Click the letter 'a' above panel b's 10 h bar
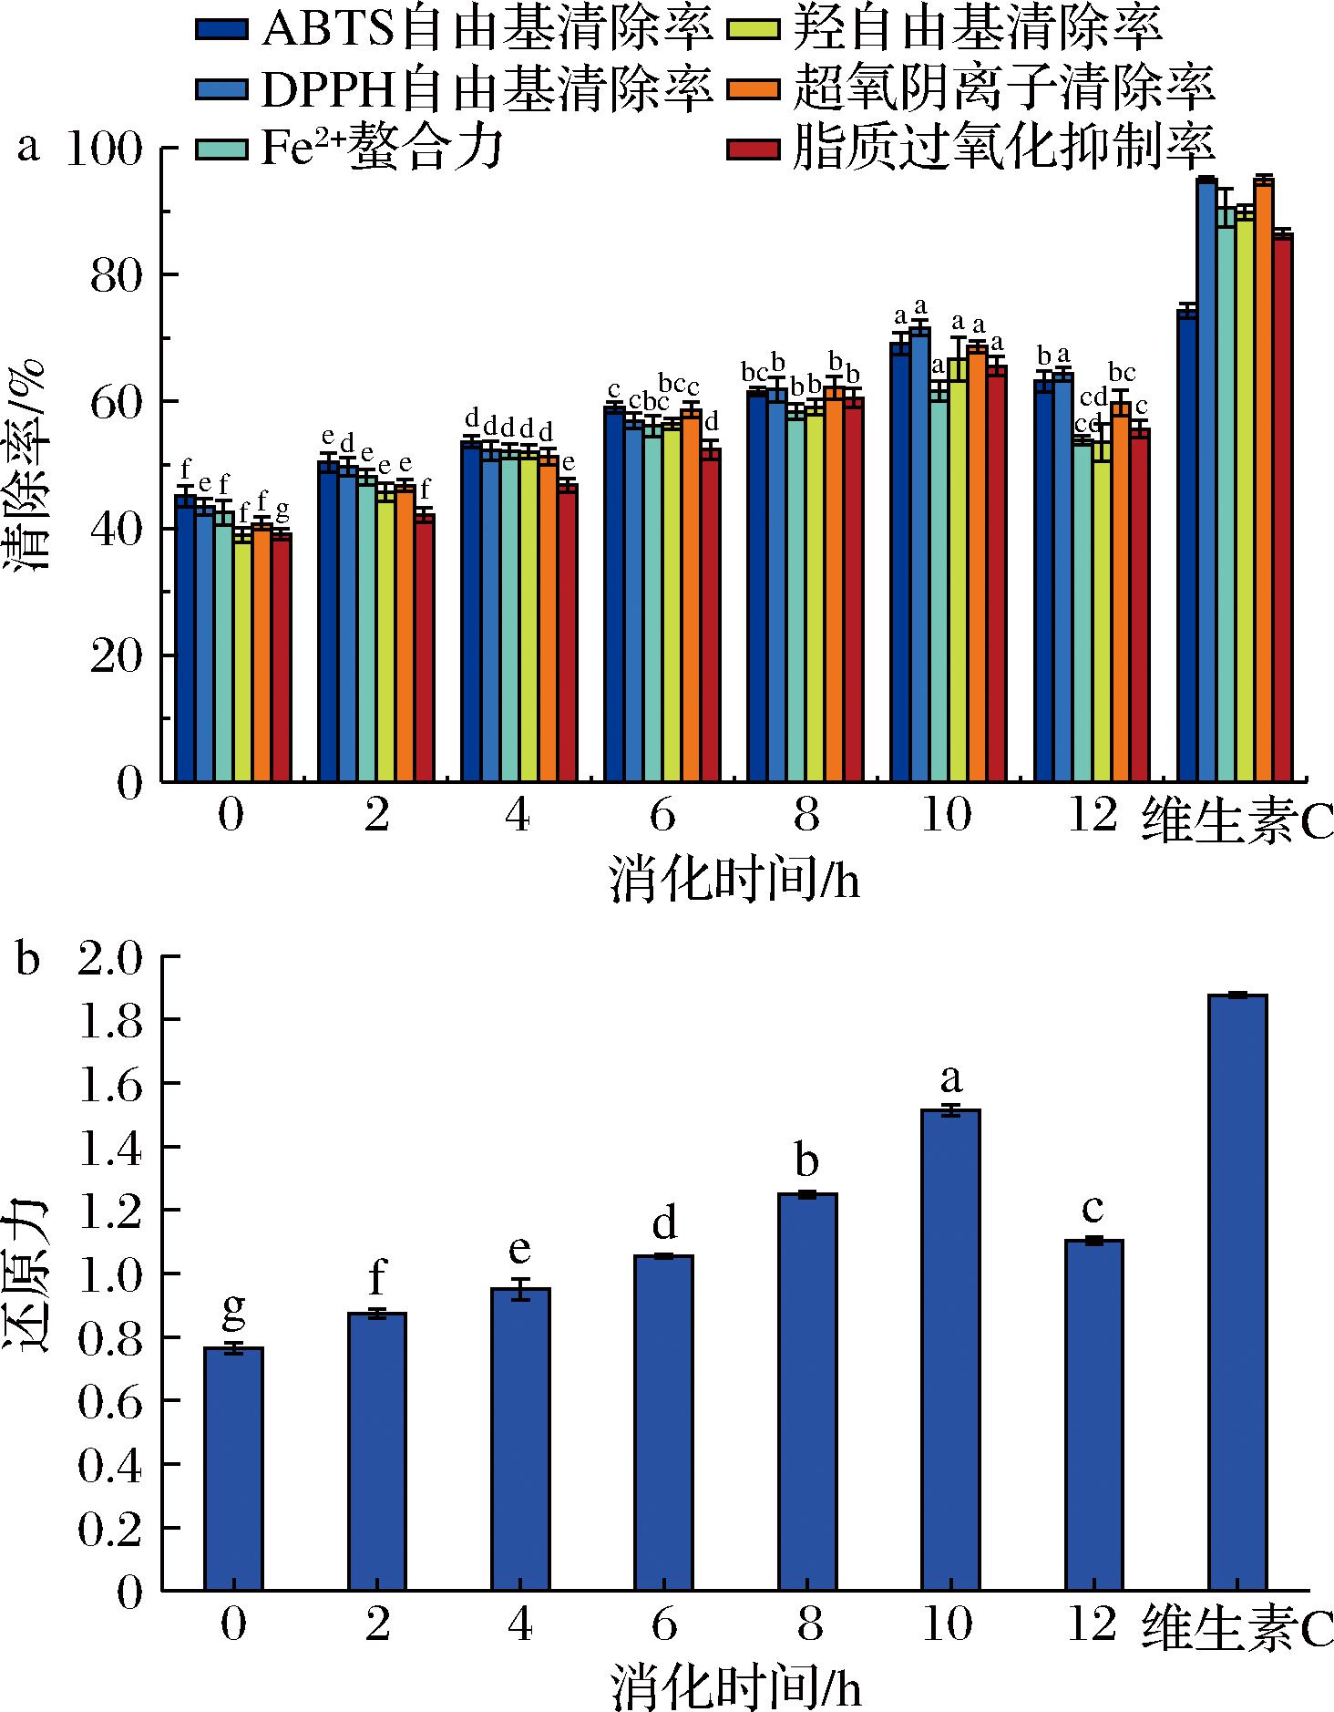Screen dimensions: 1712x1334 pos(951,1079)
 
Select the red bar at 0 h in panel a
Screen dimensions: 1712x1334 pos(282,656)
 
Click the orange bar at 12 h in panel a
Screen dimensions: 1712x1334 pos(1120,592)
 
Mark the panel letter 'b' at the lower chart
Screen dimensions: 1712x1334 pos(28,961)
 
